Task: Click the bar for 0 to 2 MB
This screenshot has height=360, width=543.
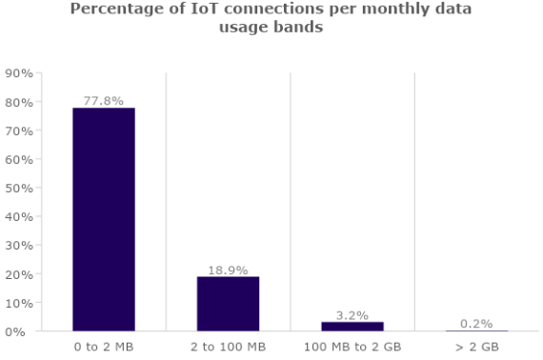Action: (104, 219)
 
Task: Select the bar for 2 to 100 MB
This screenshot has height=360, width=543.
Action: (228, 304)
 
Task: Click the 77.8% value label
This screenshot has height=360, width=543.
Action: (104, 100)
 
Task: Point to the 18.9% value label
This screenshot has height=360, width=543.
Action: (228, 270)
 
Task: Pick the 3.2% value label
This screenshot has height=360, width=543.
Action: (352, 314)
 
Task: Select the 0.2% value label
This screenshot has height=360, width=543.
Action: (476, 324)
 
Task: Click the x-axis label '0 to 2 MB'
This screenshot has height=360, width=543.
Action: (104, 347)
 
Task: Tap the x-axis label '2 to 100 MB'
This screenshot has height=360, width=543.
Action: (228, 347)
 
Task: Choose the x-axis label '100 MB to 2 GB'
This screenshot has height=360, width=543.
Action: (352, 347)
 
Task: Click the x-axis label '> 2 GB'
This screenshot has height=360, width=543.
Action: (476, 347)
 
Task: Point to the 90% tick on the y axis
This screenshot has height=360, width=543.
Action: (20, 73)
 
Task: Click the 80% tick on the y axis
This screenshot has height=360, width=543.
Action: (20, 102)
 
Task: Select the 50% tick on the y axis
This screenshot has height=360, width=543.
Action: (20, 188)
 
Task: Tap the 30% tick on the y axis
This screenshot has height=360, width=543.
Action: (20, 246)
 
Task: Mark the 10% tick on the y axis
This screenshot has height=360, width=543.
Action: (20, 303)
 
